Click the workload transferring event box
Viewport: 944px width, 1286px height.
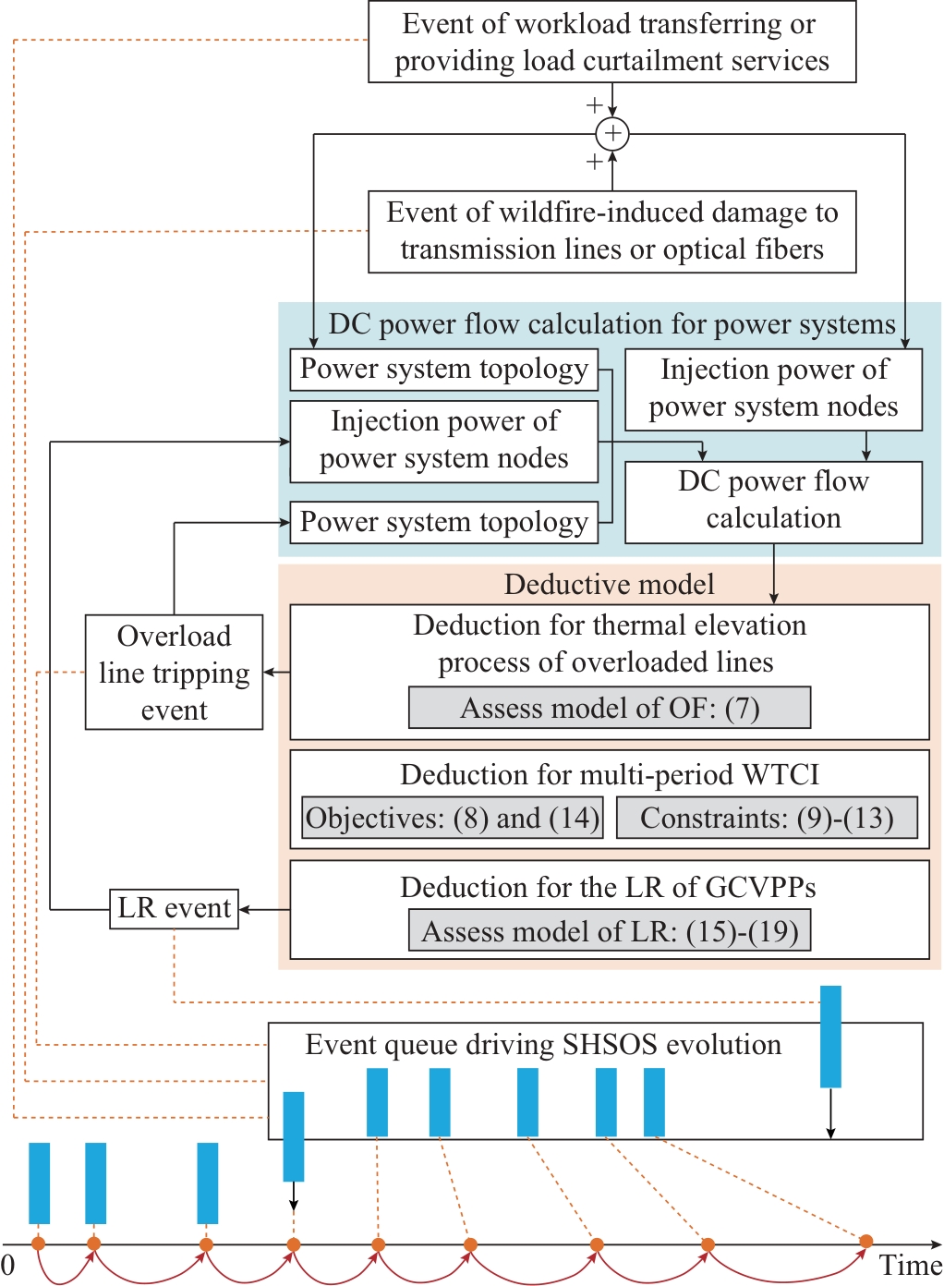[x=611, y=42]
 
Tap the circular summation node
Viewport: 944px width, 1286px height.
[x=612, y=134]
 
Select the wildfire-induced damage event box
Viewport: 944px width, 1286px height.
[x=611, y=231]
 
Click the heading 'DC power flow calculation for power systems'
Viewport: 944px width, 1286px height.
[x=611, y=324]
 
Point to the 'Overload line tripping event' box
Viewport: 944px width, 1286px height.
[x=174, y=673]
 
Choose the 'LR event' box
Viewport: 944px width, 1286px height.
[x=174, y=908]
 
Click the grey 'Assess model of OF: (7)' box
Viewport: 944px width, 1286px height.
[x=610, y=708]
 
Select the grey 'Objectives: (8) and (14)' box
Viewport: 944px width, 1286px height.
[x=453, y=818]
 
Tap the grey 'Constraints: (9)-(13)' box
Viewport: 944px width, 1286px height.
[x=767, y=818]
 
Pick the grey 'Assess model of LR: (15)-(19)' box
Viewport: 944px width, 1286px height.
[x=610, y=931]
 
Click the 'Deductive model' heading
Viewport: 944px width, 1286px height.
[x=610, y=584]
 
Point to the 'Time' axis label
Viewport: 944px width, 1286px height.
[x=910, y=1266]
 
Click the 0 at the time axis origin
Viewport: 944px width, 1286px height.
[x=8, y=1265]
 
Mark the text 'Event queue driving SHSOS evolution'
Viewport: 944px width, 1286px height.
[x=543, y=1045]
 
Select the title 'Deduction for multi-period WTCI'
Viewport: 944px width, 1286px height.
[x=610, y=774]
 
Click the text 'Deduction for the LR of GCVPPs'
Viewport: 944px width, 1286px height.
[x=608, y=887]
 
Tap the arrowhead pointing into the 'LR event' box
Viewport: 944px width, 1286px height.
[x=245, y=910]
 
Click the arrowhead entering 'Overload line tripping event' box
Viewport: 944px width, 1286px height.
[x=269, y=673]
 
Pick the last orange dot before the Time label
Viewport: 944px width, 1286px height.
[x=865, y=1241]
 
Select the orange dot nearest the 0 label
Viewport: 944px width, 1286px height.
[x=38, y=1244]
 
